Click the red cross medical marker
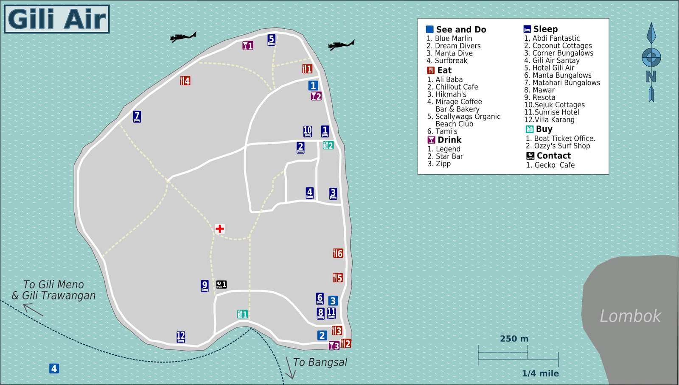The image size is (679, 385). (x=219, y=229)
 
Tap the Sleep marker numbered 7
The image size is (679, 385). (x=137, y=116)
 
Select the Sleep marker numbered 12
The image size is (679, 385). (x=181, y=337)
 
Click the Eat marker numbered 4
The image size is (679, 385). (x=185, y=81)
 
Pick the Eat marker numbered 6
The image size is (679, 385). (x=338, y=254)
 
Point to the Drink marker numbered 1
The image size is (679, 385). (x=248, y=45)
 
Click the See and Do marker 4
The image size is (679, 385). (x=54, y=368)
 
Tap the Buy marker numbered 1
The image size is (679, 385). (x=242, y=314)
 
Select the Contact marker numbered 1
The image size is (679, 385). (x=221, y=285)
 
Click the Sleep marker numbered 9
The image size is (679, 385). (x=205, y=286)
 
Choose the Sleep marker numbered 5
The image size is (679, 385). (x=272, y=40)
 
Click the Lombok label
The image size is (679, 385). (x=630, y=316)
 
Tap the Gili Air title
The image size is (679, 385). (x=57, y=19)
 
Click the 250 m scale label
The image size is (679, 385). (x=514, y=339)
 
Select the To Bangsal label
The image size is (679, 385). (x=320, y=363)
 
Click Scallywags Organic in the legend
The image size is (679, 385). (x=468, y=117)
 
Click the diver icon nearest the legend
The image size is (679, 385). (x=341, y=45)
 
